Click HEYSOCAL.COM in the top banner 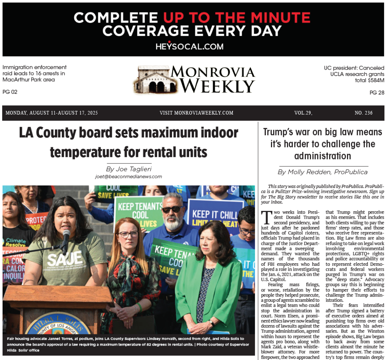[189, 47]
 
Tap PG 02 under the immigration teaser [10, 92]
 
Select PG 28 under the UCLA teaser [377, 93]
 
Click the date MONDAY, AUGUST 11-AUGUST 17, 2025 [52, 113]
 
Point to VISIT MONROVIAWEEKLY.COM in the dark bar [196, 113]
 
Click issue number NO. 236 [363, 113]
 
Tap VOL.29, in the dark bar [303, 113]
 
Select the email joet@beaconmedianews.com [128, 177]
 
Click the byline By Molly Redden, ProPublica [322, 172]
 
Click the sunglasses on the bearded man [172, 209]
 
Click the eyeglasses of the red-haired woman [128, 235]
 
